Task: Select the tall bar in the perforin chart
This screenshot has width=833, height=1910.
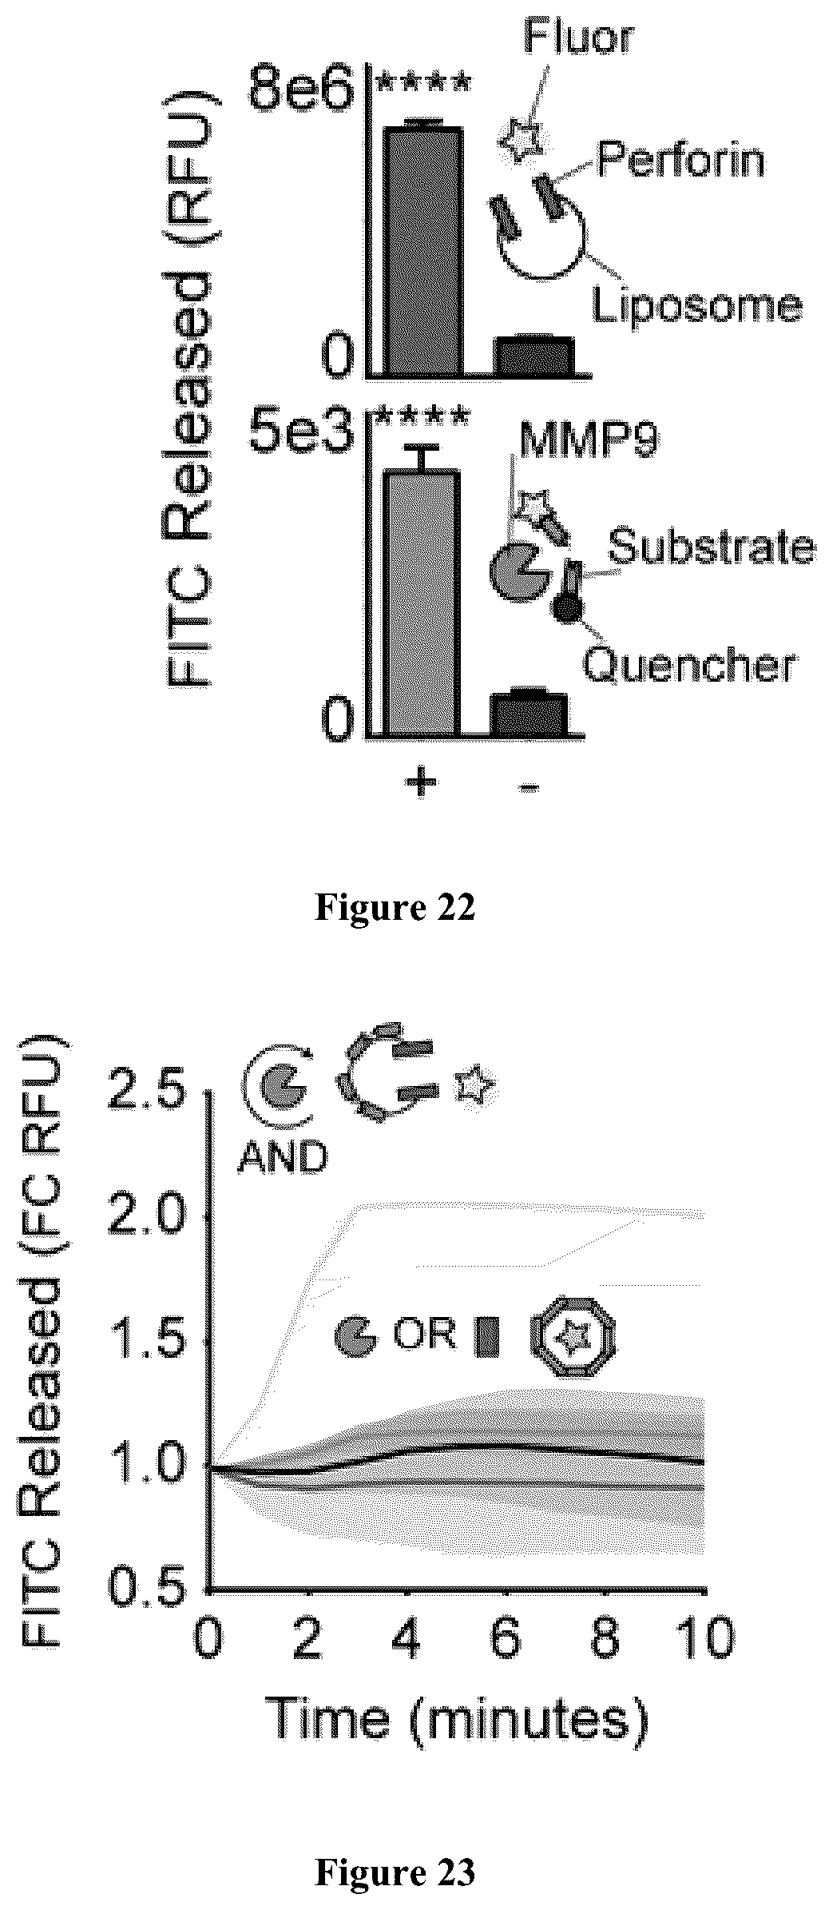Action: click(423, 249)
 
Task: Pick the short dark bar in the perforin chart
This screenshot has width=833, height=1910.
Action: click(534, 356)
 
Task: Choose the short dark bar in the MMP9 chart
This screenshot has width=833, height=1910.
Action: click(529, 713)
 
